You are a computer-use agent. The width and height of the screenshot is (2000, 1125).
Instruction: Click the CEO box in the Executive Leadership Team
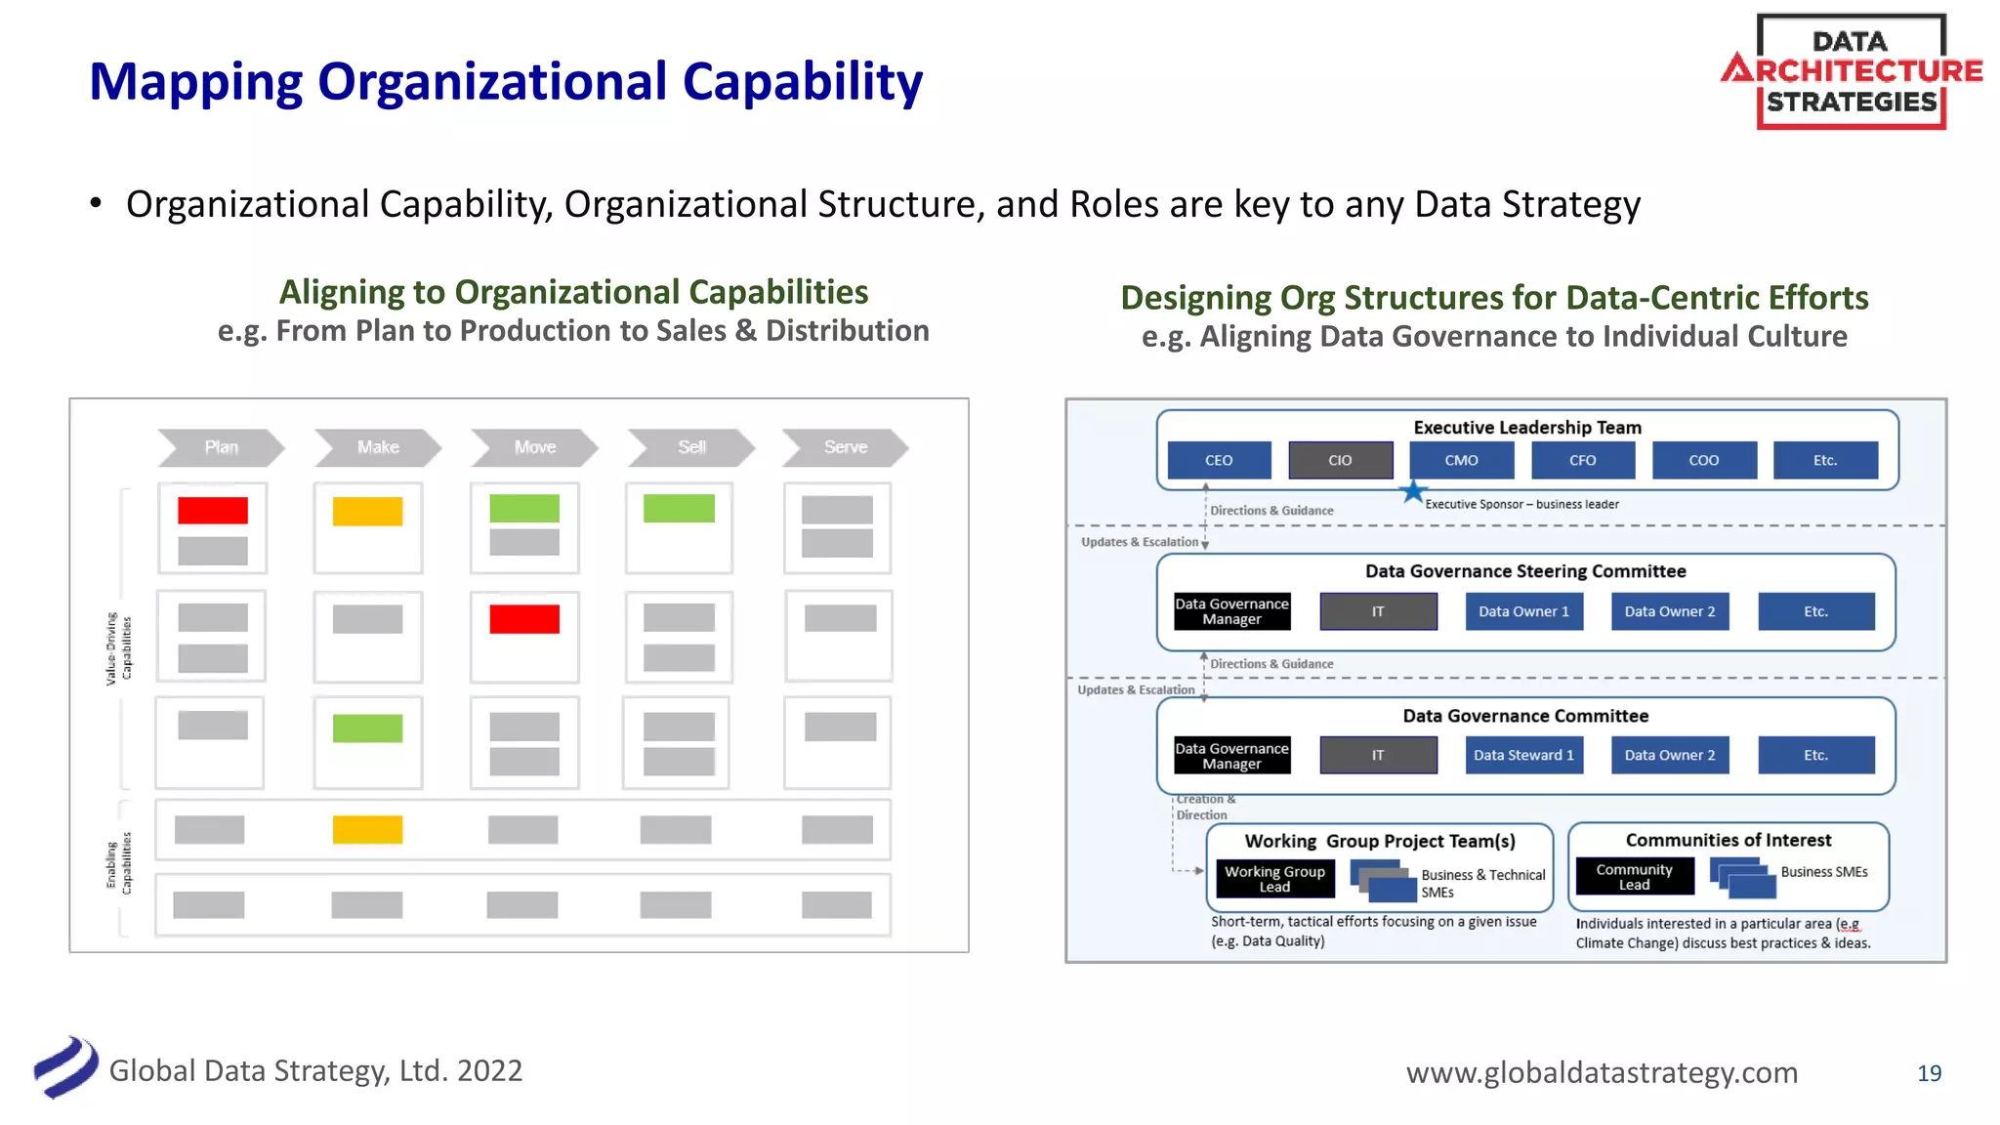pyautogui.click(x=1219, y=460)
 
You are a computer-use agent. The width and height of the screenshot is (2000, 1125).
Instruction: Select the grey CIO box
pyautogui.click(x=1340, y=460)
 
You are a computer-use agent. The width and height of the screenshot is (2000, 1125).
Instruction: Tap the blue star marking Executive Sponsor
pyautogui.click(x=1412, y=491)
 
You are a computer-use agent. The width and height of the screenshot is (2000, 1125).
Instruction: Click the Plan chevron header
pyautogui.click(x=221, y=447)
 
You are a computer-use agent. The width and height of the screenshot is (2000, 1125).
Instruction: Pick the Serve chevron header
pyautogui.click(x=846, y=447)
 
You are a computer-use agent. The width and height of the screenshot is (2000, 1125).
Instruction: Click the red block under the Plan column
pyautogui.click(x=212, y=510)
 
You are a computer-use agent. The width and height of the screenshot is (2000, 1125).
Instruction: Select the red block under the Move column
pyautogui.click(x=524, y=619)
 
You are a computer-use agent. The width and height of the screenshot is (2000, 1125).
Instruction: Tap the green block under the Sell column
pyautogui.click(x=679, y=509)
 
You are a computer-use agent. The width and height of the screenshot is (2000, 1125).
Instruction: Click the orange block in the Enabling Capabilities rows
pyautogui.click(x=367, y=829)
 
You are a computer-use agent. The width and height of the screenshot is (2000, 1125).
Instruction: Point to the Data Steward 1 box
pyautogui.click(x=1523, y=755)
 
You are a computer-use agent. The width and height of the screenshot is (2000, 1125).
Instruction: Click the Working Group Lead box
pyautogui.click(x=1274, y=879)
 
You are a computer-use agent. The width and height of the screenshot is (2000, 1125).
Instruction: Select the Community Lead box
pyautogui.click(x=1635, y=876)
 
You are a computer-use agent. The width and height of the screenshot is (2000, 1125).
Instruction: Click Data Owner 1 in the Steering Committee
pyautogui.click(x=1523, y=611)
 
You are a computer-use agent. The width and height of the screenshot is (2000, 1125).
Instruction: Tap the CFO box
pyautogui.click(x=1582, y=460)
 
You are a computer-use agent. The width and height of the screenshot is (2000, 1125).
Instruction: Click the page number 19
pyautogui.click(x=1929, y=1073)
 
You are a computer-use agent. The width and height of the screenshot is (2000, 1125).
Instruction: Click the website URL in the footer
pyautogui.click(x=1602, y=1072)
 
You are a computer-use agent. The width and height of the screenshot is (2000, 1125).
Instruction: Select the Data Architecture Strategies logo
pyautogui.click(x=1851, y=71)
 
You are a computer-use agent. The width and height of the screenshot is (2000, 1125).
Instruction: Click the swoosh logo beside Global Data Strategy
pyautogui.click(x=65, y=1067)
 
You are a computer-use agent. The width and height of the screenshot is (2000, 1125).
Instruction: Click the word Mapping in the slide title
pyautogui.click(x=195, y=82)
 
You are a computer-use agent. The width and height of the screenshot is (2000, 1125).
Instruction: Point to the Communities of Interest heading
pyautogui.click(x=1728, y=840)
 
